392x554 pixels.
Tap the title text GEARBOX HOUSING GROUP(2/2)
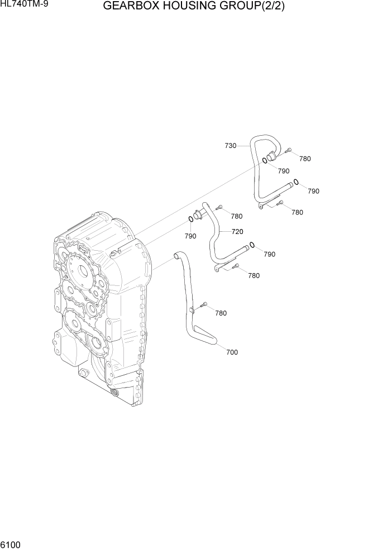point(198,7)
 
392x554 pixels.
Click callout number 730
point(230,146)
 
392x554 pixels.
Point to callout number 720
point(237,231)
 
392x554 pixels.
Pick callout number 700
point(231,352)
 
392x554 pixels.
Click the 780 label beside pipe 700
point(221,313)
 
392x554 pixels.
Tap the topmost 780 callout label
point(304,159)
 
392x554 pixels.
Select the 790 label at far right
point(313,191)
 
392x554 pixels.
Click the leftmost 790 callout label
point(190,236)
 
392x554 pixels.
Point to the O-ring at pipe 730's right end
point(297,181)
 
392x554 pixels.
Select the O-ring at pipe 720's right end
point(252,244)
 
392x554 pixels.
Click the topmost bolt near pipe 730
point(288,150)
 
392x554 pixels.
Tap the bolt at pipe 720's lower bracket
point(237,266)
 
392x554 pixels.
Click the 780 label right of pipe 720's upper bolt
point(237,216)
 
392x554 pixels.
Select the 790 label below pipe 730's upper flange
point(284,171)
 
